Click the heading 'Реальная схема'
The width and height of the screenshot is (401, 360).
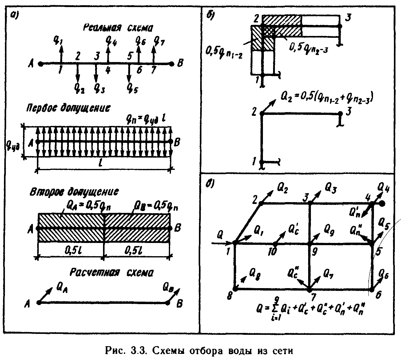coord(117,28)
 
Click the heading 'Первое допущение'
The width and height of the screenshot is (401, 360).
coord(68,108)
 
